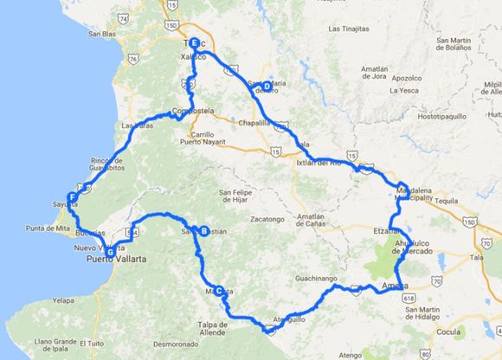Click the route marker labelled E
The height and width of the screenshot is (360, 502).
click(x=194, y=43)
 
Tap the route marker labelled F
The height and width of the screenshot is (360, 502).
click(x=73, y=197)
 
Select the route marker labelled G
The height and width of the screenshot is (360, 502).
click(x=110, y=252)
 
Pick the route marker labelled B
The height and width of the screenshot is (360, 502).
click(x=203, y=230)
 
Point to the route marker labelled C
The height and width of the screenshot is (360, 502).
click(x=220, y=290)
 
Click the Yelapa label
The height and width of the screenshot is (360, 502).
click(x=64, y=299)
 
